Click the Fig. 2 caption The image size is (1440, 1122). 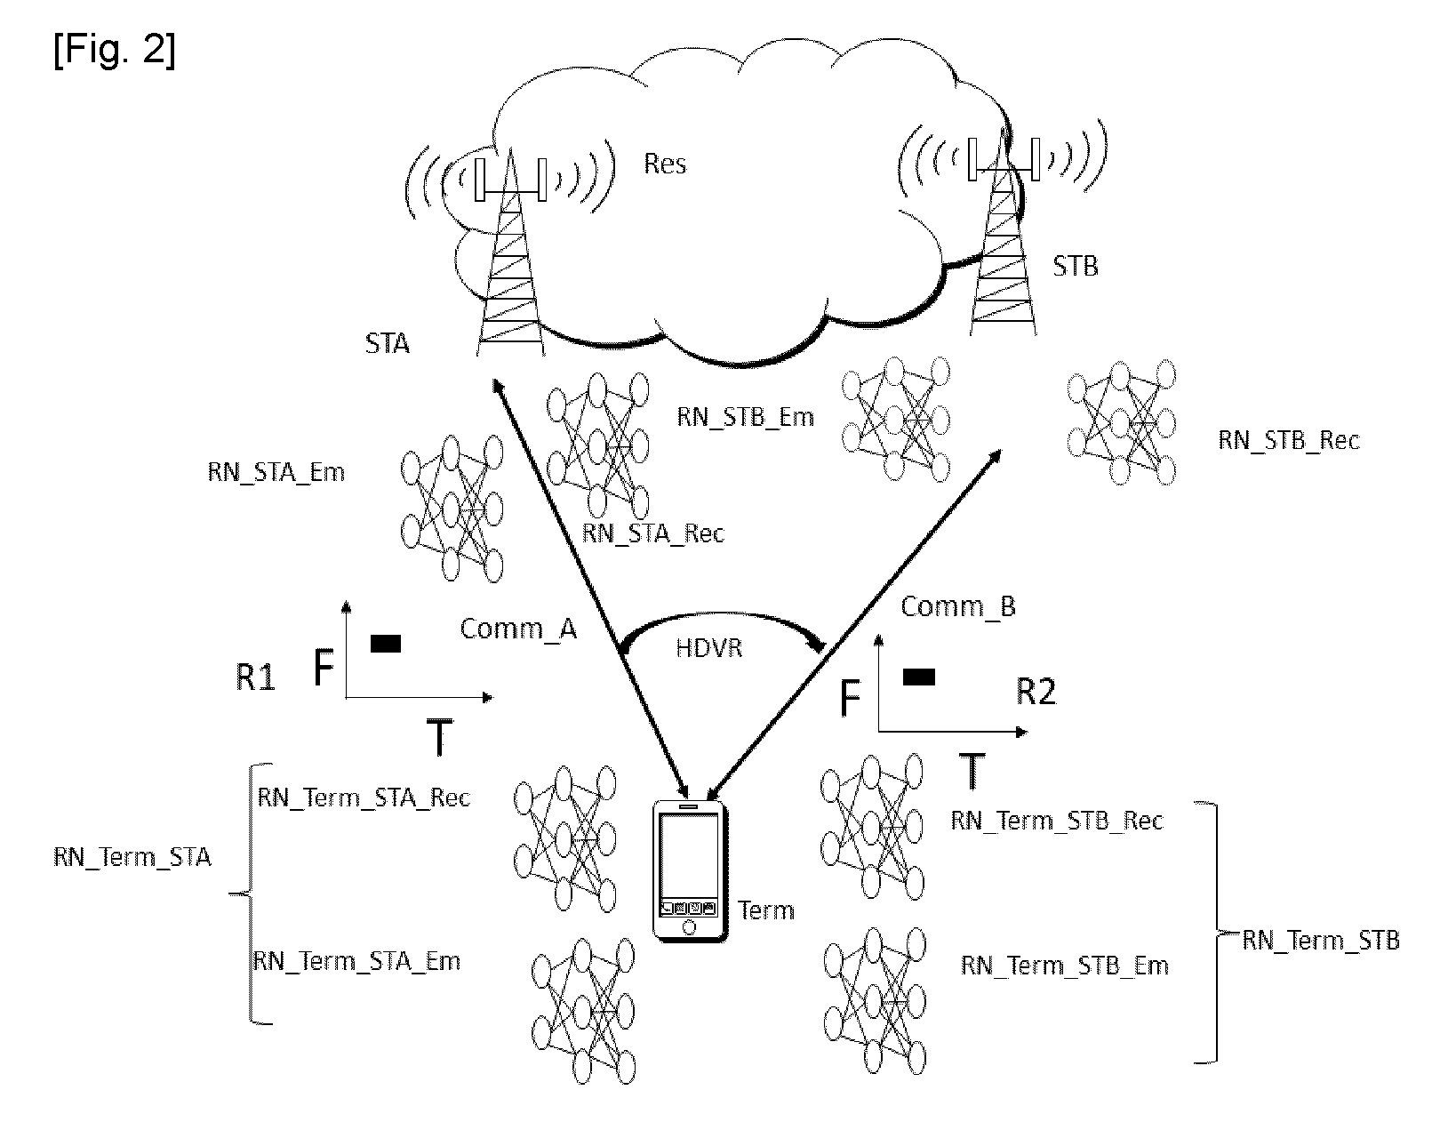114,50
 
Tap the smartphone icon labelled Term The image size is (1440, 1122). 690,870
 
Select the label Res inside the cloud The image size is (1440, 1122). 665,164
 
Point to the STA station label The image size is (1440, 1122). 387,343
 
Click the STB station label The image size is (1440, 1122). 1075,267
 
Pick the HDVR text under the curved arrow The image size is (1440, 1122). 709,647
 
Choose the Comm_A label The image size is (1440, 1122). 518,629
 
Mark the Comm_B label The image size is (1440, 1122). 957,606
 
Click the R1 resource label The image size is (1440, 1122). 255,677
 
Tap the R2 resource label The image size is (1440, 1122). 1036,692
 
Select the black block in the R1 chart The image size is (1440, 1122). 386,644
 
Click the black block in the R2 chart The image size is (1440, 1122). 919,677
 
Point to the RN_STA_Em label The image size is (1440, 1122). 276,472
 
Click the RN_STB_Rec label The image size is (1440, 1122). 1289,440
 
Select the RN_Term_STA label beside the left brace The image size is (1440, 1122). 132,857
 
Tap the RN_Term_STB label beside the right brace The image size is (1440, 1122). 1320,941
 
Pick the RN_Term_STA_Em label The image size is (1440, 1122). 356,961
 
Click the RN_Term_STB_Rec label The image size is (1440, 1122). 1057,821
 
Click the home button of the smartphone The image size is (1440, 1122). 689,927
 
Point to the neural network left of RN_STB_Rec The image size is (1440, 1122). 1121,422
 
